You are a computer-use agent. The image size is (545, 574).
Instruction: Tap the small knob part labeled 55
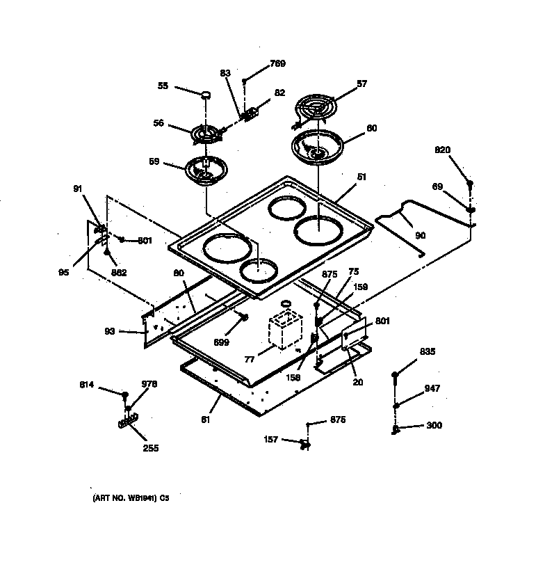206,95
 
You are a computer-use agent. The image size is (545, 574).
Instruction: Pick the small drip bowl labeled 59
205,170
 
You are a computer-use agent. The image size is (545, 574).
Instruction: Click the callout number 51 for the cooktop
361,177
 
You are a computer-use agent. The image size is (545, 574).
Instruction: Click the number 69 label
438,186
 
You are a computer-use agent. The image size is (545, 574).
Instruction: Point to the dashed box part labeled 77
286,329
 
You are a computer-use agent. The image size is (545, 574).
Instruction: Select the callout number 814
87,385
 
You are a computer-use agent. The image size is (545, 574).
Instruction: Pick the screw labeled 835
395,376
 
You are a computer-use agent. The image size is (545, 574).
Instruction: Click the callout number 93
110,331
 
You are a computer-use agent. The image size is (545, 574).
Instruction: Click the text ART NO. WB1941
122,499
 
